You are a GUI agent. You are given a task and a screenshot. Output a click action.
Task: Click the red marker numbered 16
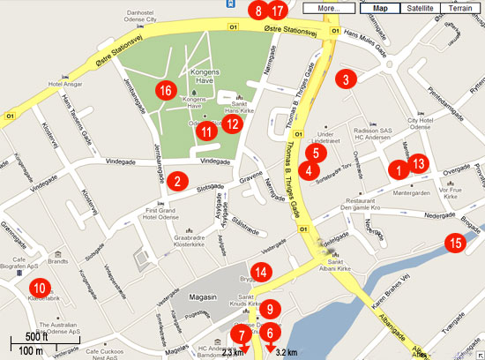[166, 90]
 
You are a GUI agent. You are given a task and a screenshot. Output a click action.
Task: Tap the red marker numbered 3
[347, 78]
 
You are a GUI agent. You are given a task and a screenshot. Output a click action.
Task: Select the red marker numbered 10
[39, 287]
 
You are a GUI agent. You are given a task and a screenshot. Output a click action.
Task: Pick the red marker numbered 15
[454, 244]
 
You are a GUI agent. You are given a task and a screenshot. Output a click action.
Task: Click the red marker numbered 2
[177, 183]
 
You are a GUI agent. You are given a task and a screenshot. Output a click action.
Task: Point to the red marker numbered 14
[259, 273]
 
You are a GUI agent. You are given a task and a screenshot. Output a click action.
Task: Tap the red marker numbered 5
[321, 152]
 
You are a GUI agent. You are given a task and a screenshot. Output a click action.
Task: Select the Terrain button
[461, 8]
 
